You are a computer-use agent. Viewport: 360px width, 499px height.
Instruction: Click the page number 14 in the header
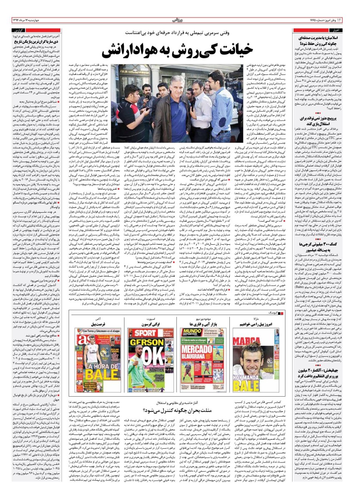(352, 20)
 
